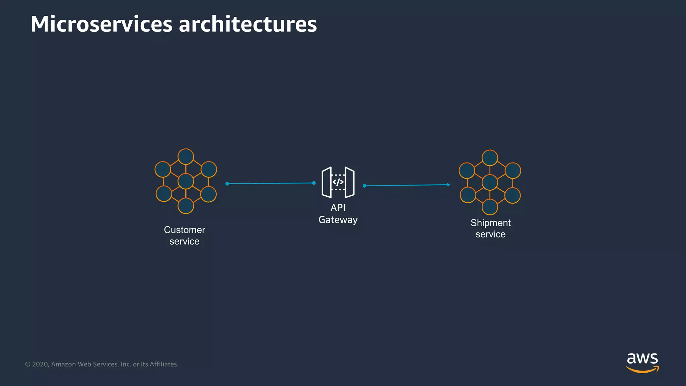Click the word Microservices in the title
tap(101, 24)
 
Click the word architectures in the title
tap(248, 24)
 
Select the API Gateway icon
tap(338, 182)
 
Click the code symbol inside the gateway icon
tap(338, 182)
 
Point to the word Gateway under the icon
tap(338, 220)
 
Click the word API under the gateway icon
tap(338, 208)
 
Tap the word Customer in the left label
tap(184, 230)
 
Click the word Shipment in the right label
tap(490, 223)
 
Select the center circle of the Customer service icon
tap(186, 181)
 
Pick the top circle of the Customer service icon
tap(186, 156)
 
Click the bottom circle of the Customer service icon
tap(186, 206)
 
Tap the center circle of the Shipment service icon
tap(490, 183)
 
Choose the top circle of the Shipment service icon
tap(490, 158)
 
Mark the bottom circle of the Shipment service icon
tap(490, 207)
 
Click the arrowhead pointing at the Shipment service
tap(449, 185)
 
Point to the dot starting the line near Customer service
tap(227, 184)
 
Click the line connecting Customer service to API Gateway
tap(271, 183)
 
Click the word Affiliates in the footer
tap(164, 364)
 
